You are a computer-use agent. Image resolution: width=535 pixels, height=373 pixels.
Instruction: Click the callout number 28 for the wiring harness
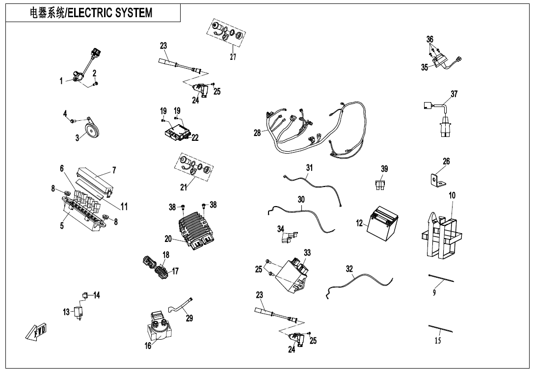coord(257,133)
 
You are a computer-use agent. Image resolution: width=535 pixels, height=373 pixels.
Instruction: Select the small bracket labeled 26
coord(436,181)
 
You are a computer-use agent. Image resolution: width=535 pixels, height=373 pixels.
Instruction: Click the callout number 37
coord(454,94)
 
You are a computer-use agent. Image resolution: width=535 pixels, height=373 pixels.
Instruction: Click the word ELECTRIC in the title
coord(90,13)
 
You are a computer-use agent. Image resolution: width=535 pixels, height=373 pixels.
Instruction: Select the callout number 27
coord(233,57)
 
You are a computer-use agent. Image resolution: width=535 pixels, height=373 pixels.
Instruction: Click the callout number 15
coord(438,341)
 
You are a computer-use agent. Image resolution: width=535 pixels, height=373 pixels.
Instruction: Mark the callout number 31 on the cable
coord(309,167)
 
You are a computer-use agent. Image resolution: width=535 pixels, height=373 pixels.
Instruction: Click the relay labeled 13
coord(78,312)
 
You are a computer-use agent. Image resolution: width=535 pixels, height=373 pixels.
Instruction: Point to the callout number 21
coord(183,186)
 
